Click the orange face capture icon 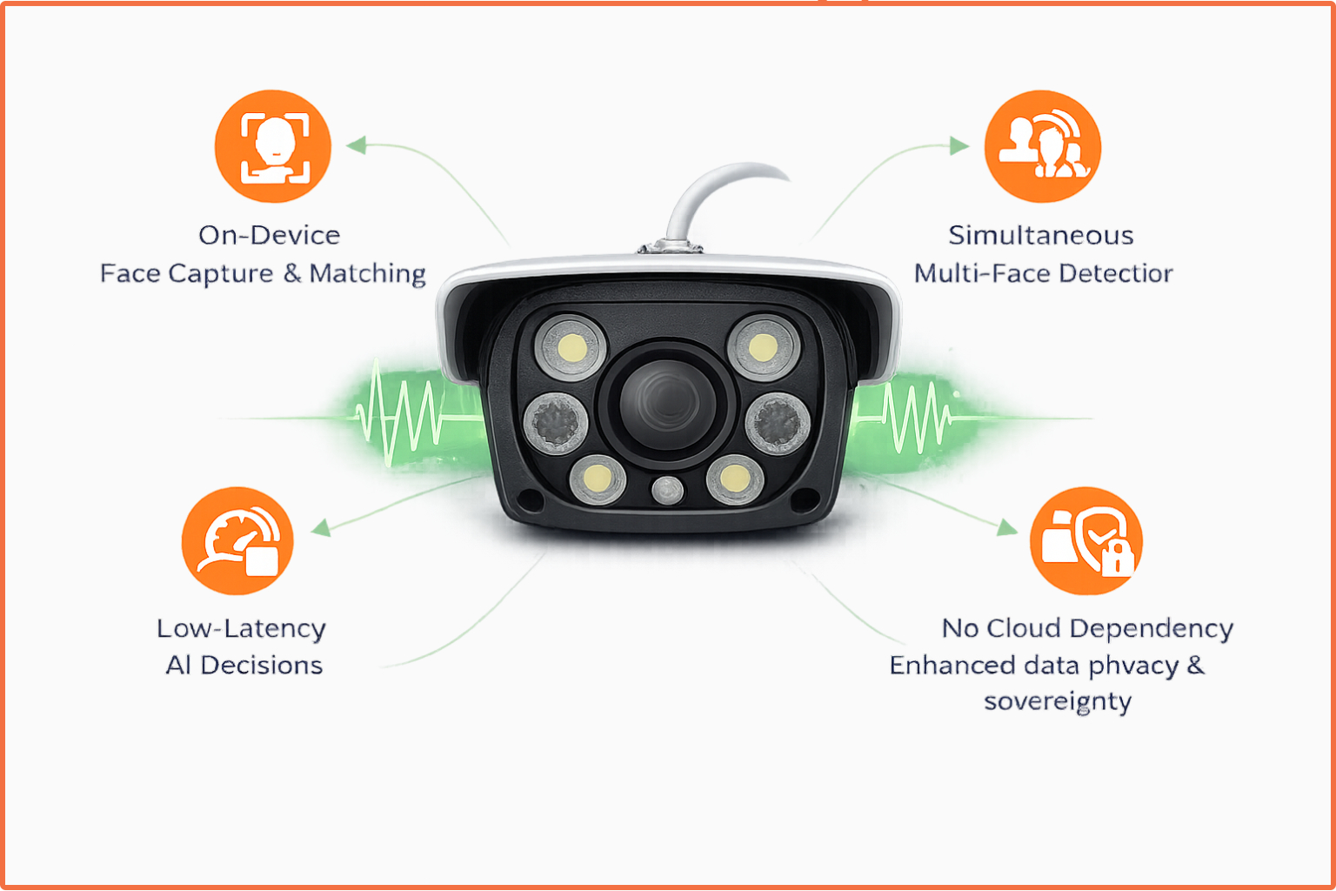[273, 146]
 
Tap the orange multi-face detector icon [1042, 146]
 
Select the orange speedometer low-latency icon [237, 541]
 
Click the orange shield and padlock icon [1085, 541]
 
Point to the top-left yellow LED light [571, 348]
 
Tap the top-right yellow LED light [763, 347]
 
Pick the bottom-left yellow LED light [598, 479]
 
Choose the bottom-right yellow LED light [734, 479]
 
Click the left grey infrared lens [556, 423]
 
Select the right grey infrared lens [778, 424]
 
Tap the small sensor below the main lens [667, 490]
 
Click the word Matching [367, 274]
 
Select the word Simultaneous [1040, 236]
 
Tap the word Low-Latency [241, 629]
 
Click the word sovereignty [1058, 702]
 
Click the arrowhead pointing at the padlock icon [1007, 527]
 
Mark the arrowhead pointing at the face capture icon [357, 145]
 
